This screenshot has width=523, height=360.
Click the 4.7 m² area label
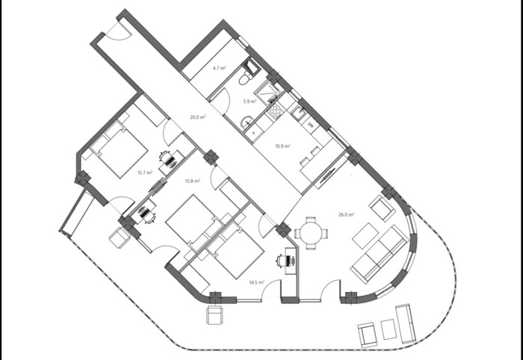219,68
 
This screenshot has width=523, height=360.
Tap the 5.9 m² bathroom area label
250,102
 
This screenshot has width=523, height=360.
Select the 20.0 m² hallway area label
198,117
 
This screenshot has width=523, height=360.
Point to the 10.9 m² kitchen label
282,146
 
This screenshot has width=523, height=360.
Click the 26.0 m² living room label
346,214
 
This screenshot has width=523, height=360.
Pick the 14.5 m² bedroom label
256,282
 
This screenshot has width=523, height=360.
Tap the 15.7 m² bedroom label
145,173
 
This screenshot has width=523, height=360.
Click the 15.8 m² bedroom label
193,181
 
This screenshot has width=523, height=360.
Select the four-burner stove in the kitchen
275,111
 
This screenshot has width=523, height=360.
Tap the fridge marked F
255,133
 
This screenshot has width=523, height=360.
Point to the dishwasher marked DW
311,125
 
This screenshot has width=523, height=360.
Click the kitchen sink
299,112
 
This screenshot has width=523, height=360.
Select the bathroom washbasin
247,122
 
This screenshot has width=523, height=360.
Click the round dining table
311,233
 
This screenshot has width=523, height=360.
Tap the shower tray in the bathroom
268,91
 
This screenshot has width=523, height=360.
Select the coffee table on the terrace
389,329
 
